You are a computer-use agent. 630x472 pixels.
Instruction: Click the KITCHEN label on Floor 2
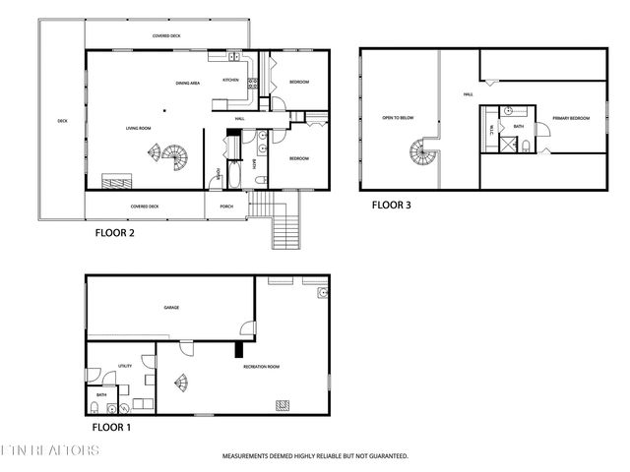pyautogui.click(x=230, y=80)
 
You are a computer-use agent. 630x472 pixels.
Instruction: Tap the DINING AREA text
pyautogui.click(x=189, y=83)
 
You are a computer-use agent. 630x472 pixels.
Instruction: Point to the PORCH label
pyautogui.click(x=226, y=206)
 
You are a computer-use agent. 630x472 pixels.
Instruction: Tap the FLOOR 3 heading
pyautogui.click(x=392, y=206)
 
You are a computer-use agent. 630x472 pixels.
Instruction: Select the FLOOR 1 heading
pyautogui.click(x=112, y=428)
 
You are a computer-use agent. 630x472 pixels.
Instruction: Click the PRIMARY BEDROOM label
pyautogui.click(x=571, y=118)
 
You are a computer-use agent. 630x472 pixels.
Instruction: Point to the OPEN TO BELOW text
pyautogui.click(x=399, y=118)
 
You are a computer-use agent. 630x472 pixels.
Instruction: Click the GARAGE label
pyautogui.click(x=171, y=308)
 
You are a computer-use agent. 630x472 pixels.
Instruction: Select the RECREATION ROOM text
pyautogui.click(x=262, y=367)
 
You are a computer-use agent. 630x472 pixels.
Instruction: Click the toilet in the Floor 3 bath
pyautogui.click(x=527, y=146)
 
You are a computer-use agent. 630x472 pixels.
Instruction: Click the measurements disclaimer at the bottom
pyautogui.click(x=315, y=456)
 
